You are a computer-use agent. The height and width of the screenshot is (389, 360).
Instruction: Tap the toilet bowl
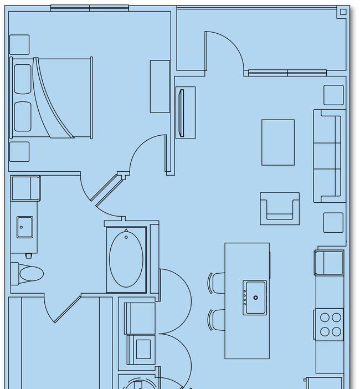click(31, 274)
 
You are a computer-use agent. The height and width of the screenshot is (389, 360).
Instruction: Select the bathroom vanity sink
click(24, 227)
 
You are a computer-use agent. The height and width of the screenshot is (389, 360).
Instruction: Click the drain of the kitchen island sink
click(256, 298)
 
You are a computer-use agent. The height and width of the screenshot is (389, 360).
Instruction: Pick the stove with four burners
click(329, 324)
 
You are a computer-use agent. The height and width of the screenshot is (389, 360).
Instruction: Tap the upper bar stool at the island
click(217, 283)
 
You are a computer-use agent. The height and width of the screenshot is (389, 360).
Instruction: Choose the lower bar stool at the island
click(217, 320)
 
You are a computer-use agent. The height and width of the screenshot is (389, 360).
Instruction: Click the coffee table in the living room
click(278, 142)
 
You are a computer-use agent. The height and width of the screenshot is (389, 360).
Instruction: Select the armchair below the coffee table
click(280, 208)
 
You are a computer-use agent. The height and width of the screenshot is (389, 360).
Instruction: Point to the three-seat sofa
click(327, 156)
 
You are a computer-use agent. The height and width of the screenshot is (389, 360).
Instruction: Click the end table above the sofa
click(333, 95)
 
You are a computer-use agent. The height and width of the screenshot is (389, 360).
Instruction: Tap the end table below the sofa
click(333, 223)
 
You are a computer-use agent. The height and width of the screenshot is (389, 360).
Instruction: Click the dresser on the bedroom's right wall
click(160, 86)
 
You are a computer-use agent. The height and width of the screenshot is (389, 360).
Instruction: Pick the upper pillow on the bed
click(23, 78)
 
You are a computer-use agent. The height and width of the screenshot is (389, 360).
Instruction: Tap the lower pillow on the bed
click(23, 116)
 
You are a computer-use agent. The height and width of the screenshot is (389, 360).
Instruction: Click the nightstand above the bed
click(19, 44)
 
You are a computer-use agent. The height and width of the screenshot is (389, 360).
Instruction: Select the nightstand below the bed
click(19, 151)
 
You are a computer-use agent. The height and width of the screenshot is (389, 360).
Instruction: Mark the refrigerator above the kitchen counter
click(329, 263)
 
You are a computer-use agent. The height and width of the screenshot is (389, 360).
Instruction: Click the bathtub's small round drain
click(126, 237)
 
